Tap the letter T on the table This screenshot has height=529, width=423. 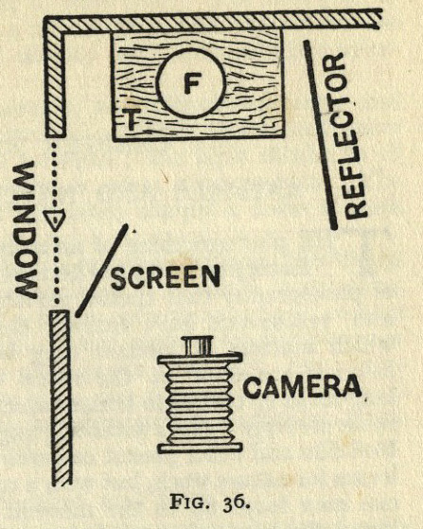coord(132,119)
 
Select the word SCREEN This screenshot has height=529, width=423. coord(166,277)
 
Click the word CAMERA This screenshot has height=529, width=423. coord(302,387)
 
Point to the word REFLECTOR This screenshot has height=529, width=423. coord(344,136)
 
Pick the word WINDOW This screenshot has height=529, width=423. coord(26,230)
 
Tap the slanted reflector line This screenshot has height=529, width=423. coord(320,135)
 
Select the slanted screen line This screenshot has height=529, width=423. coord(101,271)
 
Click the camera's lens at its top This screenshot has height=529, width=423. coord(198,346)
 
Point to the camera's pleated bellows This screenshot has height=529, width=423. coord(199,404)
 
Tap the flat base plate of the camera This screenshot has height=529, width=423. coord(200,448)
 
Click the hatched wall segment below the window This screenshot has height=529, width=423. coord(61,398)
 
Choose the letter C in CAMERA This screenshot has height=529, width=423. coord(253,387)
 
